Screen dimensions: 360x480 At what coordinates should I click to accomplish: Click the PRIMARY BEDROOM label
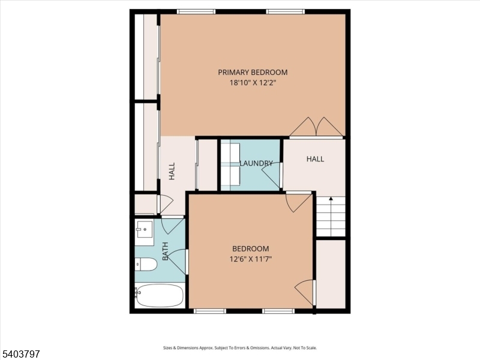[252, 72]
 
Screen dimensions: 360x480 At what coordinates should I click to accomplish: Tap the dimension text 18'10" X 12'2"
[252, 83]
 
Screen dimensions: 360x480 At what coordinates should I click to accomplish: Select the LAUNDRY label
[256, 163]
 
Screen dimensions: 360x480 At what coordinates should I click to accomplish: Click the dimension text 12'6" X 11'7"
[251, 259]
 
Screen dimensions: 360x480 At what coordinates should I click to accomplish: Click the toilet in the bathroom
[146, 264]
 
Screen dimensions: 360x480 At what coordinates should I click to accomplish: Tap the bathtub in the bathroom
[159, 295]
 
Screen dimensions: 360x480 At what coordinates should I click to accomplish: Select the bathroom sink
[143, 229]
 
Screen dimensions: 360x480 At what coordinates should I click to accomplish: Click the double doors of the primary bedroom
[316, 127]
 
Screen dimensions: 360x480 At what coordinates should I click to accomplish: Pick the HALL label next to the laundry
[315, 159]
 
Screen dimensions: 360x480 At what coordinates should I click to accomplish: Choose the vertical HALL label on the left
[172, 171]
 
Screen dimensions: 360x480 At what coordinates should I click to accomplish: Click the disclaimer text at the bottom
[240, 347]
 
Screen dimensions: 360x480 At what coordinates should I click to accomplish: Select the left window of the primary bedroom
[196, 11]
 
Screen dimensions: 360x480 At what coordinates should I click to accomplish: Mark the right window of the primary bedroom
[285, 11]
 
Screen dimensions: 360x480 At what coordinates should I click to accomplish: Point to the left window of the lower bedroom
[209, 311]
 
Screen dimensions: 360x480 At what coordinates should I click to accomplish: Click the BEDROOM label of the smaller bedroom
[251, 248]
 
